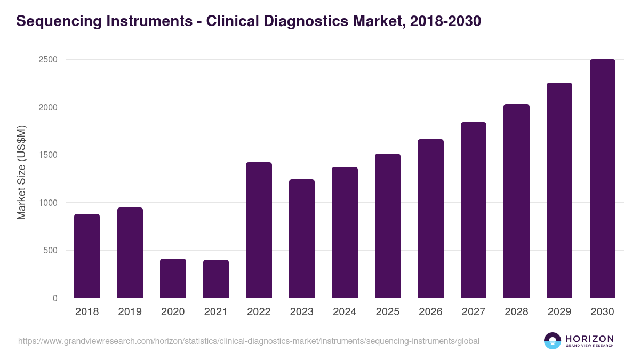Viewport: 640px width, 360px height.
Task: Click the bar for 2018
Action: (87, 256)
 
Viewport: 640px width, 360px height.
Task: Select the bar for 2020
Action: (173, 278)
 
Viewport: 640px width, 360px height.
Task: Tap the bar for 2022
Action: (259, 230)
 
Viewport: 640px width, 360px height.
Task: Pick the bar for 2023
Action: (302, 238)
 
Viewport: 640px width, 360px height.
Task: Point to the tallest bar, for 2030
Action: (602, 179)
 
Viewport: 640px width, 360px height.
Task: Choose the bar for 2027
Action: (474, 210)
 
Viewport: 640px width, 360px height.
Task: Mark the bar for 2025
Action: (388, 226)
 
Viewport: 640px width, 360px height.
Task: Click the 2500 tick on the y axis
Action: (47, 60)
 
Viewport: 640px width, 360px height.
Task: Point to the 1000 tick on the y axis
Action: (47, 203)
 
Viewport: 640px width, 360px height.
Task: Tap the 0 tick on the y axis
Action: (55, 298)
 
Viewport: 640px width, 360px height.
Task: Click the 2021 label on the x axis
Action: (216, 312)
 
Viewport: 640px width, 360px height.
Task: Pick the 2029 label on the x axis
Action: (559, 312)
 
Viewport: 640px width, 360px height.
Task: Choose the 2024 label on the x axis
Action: (345, 312)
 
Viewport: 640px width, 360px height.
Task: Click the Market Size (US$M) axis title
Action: (21, 173)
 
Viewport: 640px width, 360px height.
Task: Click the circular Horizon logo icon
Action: (553, 341)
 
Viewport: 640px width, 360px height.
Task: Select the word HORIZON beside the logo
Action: (590, 339)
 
